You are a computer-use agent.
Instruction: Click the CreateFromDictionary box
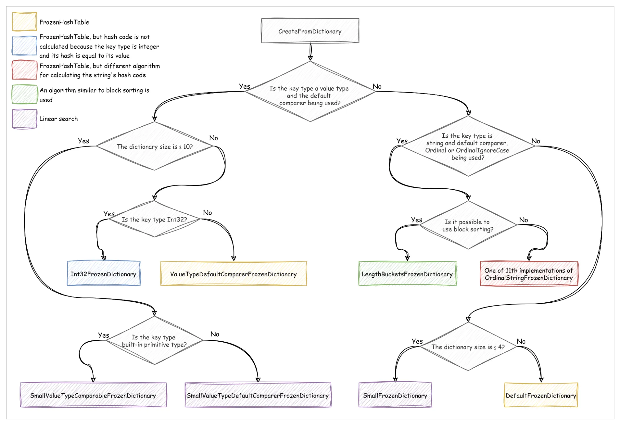click(310, 31)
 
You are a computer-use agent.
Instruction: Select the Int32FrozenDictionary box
click(104, 274)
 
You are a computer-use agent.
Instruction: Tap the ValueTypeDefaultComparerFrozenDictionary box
click(233, 274)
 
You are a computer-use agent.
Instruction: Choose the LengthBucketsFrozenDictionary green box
click(407, 274)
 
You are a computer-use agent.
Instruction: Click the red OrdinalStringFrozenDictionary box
click(529, 274)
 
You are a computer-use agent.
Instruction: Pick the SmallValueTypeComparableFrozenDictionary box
click(93, 395)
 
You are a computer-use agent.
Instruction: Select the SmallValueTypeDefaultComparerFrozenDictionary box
click(258, 395)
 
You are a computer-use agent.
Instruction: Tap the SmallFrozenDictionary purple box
click(395, 395)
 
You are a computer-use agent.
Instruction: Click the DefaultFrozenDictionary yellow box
click(541, 395)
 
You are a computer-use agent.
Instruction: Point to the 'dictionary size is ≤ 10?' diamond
click(154, 146)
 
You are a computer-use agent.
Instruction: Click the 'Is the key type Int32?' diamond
click(154, 219)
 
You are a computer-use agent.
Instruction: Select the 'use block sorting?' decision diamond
click(468, 225)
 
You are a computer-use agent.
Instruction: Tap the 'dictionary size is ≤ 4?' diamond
click(468, 347)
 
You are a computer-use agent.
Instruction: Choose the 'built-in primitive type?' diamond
click(154, 340)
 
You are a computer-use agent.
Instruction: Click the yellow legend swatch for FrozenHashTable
click(25, 21)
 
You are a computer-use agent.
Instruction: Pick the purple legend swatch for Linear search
click(25, 119)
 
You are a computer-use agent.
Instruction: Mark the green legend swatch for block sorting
click(25, 94)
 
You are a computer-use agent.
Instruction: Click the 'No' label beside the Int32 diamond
click(207, 212)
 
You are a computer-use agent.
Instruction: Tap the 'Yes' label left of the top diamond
click(244, 86)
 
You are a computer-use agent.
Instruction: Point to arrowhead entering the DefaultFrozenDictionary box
click(541, 380)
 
